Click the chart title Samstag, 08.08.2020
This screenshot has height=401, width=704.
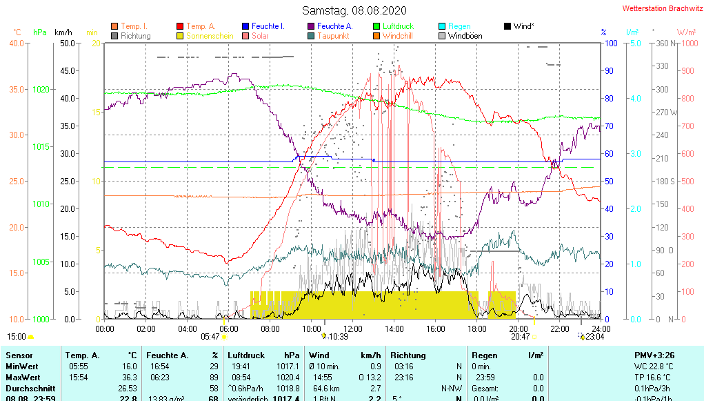point(354,10)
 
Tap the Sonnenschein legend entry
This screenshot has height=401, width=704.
point(201,36)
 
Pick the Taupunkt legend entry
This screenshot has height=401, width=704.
point(333,36)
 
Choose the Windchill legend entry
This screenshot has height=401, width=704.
point(399,36)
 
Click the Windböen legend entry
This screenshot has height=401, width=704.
point(465,36)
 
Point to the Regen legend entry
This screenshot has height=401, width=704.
point(459,26)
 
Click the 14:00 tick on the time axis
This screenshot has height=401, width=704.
point(394,329)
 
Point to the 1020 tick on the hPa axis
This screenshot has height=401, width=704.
point(41,90)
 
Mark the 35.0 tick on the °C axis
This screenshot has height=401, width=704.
point(16,90)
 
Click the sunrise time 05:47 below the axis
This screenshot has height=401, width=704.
point(210,337)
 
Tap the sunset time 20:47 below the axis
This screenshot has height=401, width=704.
point(521,337)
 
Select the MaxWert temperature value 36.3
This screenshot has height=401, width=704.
point(128,378)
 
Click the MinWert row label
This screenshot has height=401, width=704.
point(23,366)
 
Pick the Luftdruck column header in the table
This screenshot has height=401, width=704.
point(245,355)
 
